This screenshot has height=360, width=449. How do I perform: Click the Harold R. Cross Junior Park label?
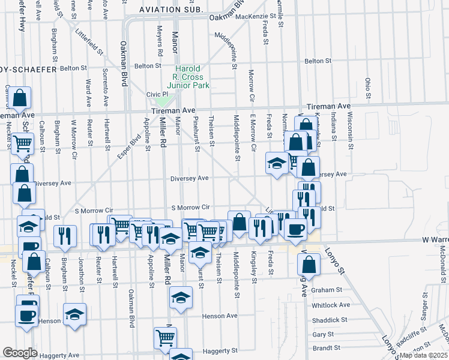(188, 77)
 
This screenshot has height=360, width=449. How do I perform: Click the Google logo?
(20, 353)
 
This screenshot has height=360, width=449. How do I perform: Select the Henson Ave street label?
(220, 316)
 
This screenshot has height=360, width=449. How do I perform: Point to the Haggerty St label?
(220, 350)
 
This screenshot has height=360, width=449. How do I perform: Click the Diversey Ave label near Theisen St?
(189, 178)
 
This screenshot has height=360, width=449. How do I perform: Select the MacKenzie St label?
(252, 16)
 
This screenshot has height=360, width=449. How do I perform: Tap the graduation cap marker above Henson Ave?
(181, 296)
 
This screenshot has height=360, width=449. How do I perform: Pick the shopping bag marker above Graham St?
(308, 263)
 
